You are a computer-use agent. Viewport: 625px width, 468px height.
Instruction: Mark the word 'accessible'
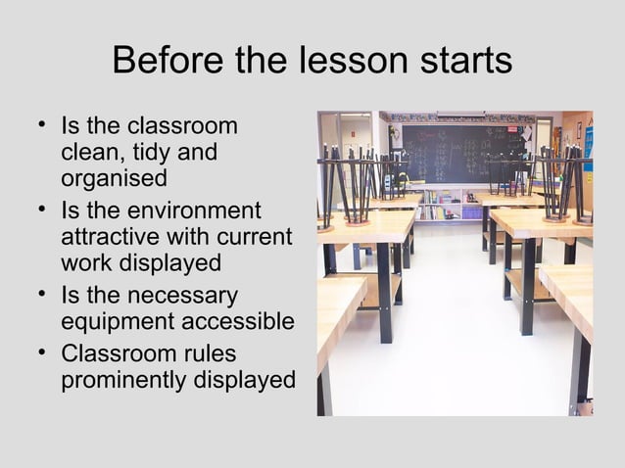pyautogui.click(x=242, y=321)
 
